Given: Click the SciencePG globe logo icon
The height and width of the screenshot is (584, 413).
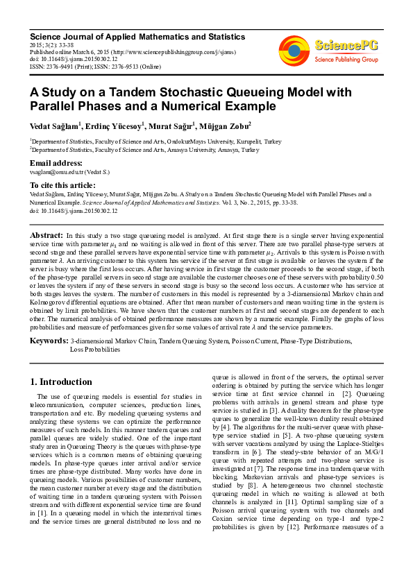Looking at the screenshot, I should click(x=294, y=50).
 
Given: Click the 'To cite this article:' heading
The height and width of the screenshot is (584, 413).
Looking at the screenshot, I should click(x=62, y=185).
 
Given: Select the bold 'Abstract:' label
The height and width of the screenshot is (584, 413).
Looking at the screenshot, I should click(x=47, y=236).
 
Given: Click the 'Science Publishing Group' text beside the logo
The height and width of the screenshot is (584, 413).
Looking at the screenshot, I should click(x=346, y=60).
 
